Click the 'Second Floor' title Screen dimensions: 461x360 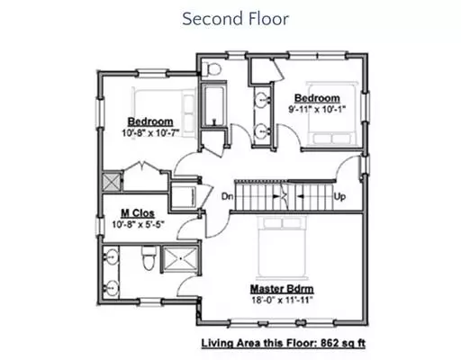pos(235,19)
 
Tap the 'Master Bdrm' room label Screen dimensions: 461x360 pos(282,289)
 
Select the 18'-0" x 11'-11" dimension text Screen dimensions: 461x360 pos(282,300)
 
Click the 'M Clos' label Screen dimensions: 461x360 pos(138,213)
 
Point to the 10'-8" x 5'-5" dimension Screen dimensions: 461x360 pos(138,224)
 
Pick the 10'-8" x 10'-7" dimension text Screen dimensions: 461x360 pos(150,132)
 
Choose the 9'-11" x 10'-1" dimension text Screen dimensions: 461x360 pos(317,109)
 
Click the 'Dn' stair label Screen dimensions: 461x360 pos(227,196)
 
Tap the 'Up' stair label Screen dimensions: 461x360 pos(339,197)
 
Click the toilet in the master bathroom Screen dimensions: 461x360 pos(149,257)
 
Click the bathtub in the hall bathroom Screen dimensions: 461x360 pos(213,105)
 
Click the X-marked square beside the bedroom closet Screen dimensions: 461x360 pos(111,182)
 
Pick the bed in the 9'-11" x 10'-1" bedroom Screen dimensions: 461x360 pos(332,114)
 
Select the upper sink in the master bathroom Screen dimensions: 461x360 pos(111,256)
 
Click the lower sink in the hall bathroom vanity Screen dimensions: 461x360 pos(262,131)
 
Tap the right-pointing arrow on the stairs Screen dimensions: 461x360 pos(276,196)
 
